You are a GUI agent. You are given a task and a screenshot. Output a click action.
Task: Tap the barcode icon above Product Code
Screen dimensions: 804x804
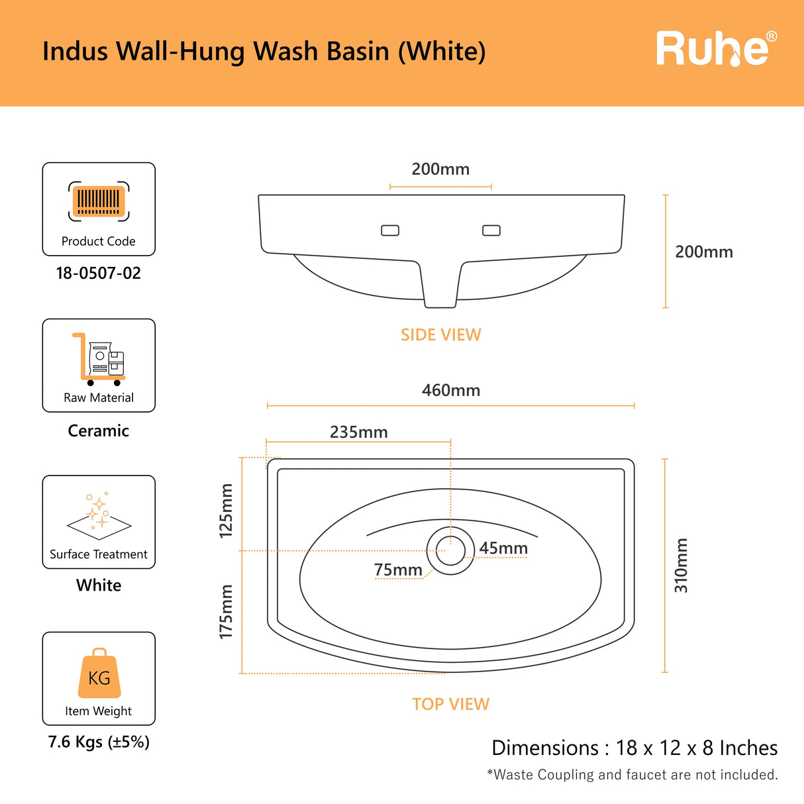pos(99,201)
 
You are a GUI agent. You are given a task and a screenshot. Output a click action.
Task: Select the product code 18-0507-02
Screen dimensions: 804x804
pos(99,274)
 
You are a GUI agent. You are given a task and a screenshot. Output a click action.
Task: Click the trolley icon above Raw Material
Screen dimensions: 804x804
pos(99,359)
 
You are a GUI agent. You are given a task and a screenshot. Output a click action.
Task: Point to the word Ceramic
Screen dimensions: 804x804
pos(99,430)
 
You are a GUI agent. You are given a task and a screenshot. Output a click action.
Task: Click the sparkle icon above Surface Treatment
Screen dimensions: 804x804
pos(99,513)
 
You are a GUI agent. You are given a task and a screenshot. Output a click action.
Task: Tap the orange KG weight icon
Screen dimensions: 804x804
pos(99,674)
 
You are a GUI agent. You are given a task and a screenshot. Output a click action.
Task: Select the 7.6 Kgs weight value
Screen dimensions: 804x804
pos(99,742)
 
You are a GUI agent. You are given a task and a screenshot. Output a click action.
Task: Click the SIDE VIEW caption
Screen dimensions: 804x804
pos(441,335)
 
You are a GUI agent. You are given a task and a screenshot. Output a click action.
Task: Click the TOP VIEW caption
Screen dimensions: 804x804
pos(450,704)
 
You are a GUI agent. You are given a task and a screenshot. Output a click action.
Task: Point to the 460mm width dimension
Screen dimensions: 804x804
pos(451,390)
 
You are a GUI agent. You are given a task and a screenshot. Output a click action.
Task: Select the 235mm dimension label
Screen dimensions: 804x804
pos(359,432)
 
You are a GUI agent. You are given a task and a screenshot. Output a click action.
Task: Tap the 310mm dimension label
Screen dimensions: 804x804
pos(681,566)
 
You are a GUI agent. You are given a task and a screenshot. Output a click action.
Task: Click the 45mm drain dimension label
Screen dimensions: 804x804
pos(503,548)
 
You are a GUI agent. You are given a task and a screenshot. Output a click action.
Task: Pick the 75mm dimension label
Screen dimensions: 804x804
pos(398,570)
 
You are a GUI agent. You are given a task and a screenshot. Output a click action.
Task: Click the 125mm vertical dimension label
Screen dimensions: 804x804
pos(226,510)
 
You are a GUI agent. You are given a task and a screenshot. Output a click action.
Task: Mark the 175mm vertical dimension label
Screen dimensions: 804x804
pos(226,612)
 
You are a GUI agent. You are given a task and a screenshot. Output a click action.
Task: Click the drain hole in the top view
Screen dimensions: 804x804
pos(450,550)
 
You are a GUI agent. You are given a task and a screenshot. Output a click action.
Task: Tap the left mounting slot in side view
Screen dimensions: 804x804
pos(390,230)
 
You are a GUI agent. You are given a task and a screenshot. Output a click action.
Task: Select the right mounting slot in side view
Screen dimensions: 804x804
pos(491,230)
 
